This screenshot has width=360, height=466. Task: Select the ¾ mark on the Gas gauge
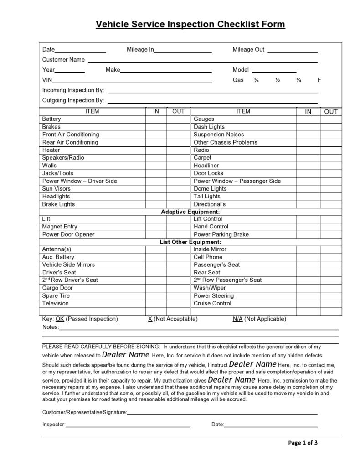click(x=298, y=80)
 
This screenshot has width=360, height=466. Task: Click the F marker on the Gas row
click(x=319, y=80)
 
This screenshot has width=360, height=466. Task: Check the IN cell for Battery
click(x=156, y=119)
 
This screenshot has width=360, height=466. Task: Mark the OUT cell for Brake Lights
click(x=178, y=204)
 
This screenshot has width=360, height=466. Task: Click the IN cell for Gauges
click(x=308, y=119)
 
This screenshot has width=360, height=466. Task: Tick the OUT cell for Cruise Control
click(x=331, y=304)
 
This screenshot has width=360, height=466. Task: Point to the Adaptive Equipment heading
click(x=190, y=212)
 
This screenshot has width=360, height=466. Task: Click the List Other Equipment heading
click(x=190, y=242)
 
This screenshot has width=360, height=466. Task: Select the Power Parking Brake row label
click(x=221, y=235)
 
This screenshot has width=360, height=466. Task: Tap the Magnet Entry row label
click(x=60, y=227)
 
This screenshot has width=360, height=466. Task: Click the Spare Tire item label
click(x=56, y=296)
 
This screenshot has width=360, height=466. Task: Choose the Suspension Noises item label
click(x=219, y=135)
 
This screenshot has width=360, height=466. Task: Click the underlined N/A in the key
click(x=237, y=319)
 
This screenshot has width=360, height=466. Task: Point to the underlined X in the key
click(x=150, y=319)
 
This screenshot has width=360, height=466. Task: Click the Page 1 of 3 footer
click(x=303, y=443)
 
